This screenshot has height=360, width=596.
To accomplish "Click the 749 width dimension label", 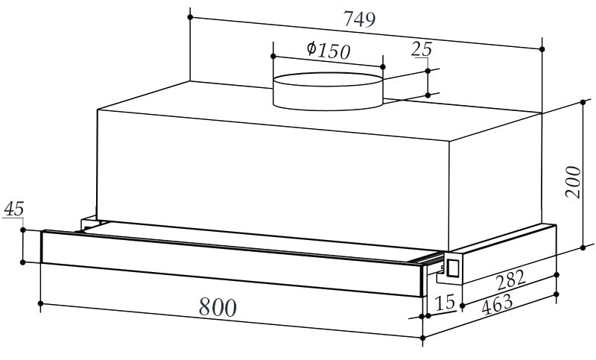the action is tap(359, 19).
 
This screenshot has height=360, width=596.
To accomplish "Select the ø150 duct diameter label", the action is tap(329, 51).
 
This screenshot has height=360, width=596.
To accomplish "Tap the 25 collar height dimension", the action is tap(422, 49).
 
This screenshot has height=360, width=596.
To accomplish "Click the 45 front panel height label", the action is tap(14, 209).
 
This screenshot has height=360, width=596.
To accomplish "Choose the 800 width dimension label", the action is tap(218, 307).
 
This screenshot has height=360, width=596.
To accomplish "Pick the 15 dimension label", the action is tap(445, 302).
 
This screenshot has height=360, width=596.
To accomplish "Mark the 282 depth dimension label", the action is tap(511, 280).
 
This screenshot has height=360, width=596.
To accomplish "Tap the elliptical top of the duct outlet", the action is tap(328, 80).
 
